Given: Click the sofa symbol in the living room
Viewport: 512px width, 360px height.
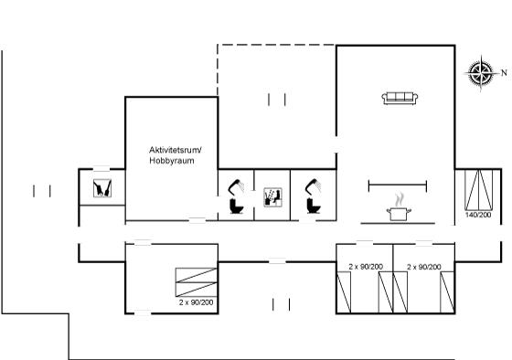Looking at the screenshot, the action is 400,98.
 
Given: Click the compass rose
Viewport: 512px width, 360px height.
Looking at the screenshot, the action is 480,72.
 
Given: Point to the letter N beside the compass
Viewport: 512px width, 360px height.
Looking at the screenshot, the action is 504,72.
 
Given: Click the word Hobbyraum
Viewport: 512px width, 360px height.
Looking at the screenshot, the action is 172,161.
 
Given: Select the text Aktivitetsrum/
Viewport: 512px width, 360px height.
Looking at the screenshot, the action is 176,150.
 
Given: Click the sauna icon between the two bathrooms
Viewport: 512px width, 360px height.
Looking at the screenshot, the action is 272,197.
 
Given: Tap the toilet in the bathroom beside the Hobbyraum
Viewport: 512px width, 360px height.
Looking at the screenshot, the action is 237,206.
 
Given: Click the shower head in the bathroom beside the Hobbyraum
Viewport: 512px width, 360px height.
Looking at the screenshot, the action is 237,186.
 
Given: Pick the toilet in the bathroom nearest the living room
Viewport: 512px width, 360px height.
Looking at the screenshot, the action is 314,206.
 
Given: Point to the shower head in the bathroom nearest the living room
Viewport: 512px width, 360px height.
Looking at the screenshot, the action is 313,186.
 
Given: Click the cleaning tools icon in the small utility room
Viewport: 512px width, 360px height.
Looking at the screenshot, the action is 102,188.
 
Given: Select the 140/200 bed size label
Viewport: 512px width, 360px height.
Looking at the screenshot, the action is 478,215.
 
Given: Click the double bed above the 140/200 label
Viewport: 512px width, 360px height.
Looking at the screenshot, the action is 479,190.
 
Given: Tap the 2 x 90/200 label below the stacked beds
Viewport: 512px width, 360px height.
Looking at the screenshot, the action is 196,302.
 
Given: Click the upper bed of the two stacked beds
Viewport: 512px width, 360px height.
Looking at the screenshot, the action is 197,275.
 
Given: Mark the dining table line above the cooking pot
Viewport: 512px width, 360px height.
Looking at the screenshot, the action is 398,185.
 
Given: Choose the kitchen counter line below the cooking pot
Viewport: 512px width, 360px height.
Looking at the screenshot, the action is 398,223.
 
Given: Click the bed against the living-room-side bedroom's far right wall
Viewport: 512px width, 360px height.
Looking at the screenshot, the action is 447,292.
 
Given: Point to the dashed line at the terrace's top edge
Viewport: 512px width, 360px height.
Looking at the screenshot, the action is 277,45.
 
